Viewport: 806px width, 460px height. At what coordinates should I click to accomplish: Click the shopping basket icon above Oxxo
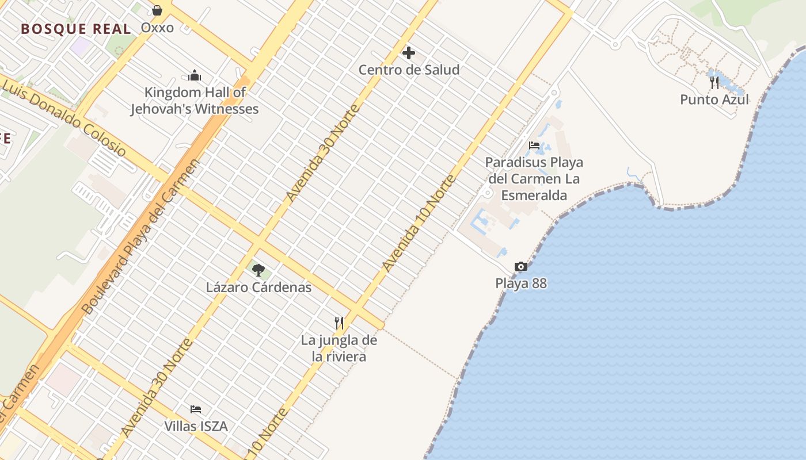click(157, 10)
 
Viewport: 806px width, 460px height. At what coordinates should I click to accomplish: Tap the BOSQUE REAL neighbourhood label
click(76, 29)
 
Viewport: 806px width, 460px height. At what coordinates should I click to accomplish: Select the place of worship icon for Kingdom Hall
click(195, 75)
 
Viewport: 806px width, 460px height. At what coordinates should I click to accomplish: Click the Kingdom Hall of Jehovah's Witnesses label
click(195, 101)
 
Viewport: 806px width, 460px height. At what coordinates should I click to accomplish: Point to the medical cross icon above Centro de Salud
click(409, 53)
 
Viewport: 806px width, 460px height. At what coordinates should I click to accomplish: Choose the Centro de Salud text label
click(409, 70)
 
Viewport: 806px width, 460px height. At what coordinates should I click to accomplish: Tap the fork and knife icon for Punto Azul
click(714, 83)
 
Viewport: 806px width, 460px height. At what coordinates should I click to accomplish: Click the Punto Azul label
click(714, 99)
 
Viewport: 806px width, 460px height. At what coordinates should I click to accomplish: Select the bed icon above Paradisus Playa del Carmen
click(534, 145)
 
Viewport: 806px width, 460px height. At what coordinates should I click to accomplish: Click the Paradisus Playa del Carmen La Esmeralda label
click(534, 179)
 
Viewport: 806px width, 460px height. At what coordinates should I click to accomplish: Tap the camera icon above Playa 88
click(520, 266)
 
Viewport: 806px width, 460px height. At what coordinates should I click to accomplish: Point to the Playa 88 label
click(521, 283)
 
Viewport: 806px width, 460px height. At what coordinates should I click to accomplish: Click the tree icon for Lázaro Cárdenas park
click(258, 269)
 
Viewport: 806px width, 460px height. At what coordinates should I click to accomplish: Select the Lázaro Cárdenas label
click(258, 287)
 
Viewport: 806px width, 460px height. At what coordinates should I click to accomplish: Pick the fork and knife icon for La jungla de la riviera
click(339, 323)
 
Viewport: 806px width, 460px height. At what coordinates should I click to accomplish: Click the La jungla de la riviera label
click(339, 348)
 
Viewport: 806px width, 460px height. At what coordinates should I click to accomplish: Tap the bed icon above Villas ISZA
click(196, 409)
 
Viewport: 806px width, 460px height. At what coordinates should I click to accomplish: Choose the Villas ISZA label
click(196, 426)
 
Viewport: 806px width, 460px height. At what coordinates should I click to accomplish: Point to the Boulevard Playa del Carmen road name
click(142, 236)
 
